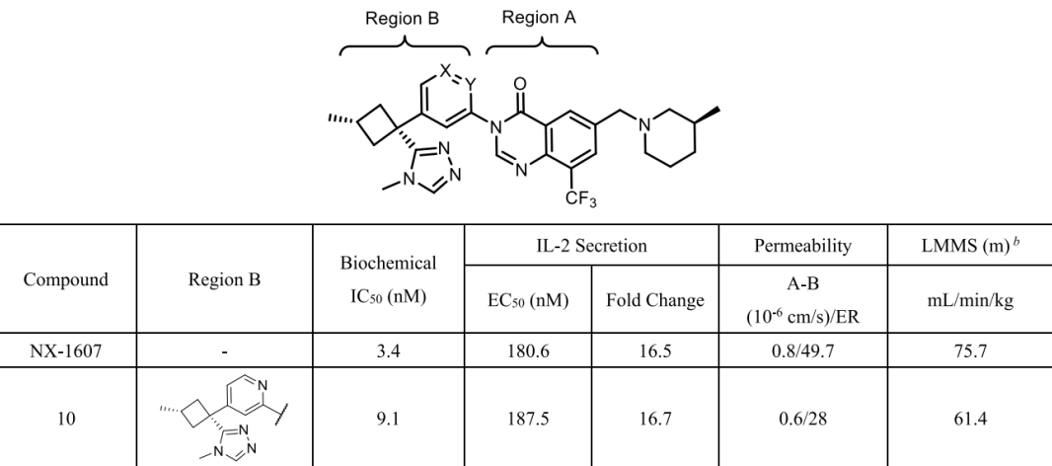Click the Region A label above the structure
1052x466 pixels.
pos(539,18)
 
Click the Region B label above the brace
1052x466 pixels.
pos(402,18)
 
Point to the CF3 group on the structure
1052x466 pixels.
pos(580,198)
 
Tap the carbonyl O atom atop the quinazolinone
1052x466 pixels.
pos(519,84)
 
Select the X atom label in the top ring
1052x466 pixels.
pos(445,70)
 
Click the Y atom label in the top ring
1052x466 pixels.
pos(471,84)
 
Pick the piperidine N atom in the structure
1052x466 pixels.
pos(644,125)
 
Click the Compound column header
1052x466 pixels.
pos(66,279)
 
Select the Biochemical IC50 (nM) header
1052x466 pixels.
pos(389,279)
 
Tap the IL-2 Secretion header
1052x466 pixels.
pos(591,246)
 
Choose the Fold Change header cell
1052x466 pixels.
pos(655,300)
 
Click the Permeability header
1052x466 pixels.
pos(802,246)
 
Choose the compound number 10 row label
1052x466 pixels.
pos(66,419)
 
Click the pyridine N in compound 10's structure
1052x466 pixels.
pos(262,385)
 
